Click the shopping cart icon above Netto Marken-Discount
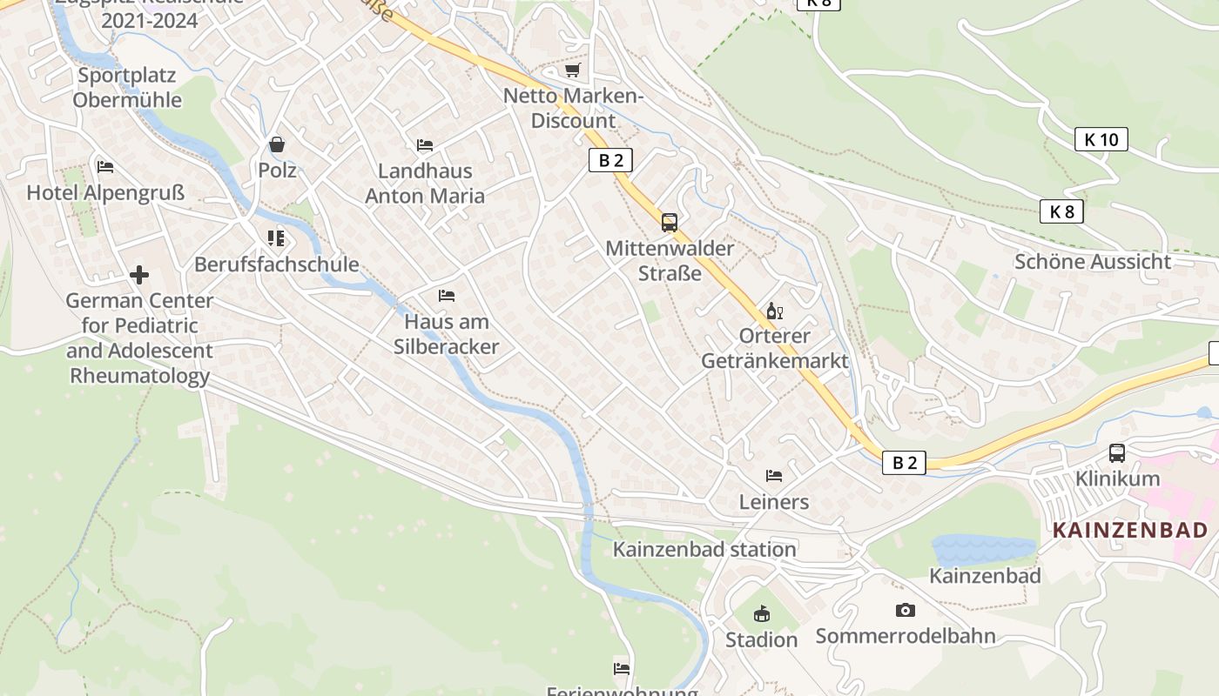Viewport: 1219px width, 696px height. coord(572,70)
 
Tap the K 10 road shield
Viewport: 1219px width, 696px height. coord(1101,139)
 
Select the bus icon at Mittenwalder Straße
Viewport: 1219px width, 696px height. coord(669,223)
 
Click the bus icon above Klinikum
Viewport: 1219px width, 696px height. coord(1117,453)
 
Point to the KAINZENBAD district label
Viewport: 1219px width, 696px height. coord(1130,530)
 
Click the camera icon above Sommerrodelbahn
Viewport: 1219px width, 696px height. coord(906,611)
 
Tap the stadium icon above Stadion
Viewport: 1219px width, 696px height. coord(762,614)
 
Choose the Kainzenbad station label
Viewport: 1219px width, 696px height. coord(704,550)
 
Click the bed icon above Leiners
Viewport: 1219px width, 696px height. coord(773,476)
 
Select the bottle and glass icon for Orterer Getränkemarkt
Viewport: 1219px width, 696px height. coord(774,311)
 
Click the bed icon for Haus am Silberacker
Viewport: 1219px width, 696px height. coord(447,296)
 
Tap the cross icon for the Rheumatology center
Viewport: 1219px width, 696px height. coord(139,276)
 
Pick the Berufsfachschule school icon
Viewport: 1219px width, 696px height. coord(276,238)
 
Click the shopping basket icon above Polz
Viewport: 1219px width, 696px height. coord(277,144)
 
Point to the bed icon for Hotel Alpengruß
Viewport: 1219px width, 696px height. coord(105,167)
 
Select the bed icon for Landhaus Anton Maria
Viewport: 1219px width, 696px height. coord(425,145)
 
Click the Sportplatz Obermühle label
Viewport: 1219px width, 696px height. coord(127,87)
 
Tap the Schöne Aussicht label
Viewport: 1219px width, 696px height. coord(1093,262)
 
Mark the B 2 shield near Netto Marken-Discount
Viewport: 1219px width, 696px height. coord(610,160)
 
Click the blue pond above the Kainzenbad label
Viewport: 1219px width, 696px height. coord(984,549)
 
